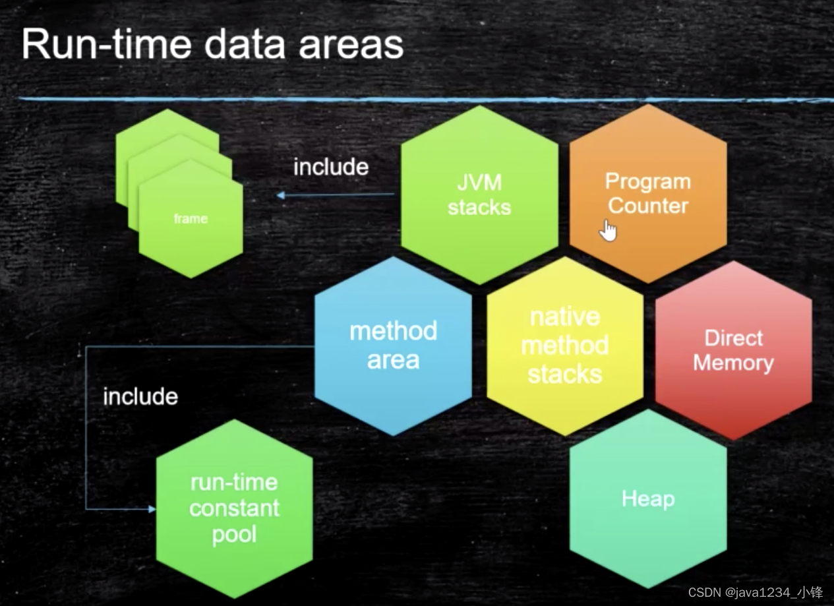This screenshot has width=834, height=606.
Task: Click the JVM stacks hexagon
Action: tap(479, 195)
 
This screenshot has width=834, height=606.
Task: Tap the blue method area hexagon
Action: tap(393, 346)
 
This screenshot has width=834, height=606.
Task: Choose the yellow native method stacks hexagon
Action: tap(565, 346)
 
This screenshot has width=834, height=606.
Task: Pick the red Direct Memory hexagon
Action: tap(733, 350)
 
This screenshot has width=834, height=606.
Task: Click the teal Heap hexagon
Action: tap(648, 499)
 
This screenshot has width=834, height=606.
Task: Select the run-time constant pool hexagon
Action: tap(234, 508)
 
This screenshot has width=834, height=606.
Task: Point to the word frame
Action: tap(191, 218)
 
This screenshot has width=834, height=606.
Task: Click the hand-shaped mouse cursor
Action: tap(608, 230)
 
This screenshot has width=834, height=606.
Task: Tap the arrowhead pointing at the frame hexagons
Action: tap(281, 195)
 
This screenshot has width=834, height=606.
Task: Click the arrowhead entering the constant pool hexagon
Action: tap(152, 509)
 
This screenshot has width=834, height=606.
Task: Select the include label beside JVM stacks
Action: tap(330, 167)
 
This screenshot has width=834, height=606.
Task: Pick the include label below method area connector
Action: tap(140, 396)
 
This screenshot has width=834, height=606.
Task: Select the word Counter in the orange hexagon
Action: tap(648, 206)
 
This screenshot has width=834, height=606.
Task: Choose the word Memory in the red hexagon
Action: tap(733, 363)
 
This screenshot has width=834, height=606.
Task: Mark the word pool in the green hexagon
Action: tap(234, 534)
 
